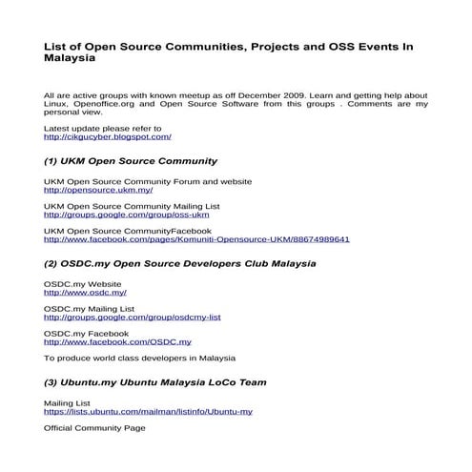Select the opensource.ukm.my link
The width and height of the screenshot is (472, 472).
point(98,189)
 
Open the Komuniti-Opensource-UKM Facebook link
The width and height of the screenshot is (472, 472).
point(196,239)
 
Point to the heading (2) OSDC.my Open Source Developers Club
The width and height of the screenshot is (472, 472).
point(180,262)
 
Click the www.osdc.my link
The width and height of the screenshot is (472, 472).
point(85,293)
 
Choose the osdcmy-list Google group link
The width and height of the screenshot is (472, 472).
point(133,318)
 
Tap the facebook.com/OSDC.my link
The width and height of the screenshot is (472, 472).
point(117,341)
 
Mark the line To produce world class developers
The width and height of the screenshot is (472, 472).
point(139,359)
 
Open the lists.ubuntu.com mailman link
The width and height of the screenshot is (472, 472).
point(148,411)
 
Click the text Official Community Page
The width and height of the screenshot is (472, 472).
point(94,429)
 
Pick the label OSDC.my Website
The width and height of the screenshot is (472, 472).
point(82,284)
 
